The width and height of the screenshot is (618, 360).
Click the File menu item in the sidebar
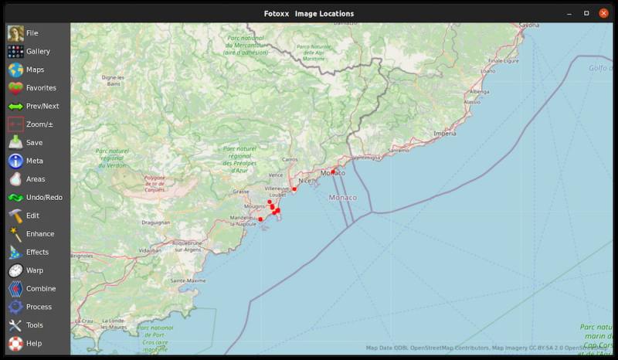click(31, 33)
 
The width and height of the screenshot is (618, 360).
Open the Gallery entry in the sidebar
click(37, 52)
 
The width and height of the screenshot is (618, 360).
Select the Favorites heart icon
click(15, 88)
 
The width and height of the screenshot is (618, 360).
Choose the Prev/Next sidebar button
click(42, 107)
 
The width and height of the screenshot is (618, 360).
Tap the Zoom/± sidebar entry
click(39, 124)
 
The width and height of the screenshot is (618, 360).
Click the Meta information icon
click(15, 161)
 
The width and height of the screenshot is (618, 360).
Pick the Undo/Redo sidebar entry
click(43, 198)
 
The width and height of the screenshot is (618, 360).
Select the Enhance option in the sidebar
click(39, 234)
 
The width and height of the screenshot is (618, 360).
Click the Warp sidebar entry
click(34, 270)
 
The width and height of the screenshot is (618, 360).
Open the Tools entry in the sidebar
click(34, 325)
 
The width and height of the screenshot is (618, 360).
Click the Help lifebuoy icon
click(15, 343)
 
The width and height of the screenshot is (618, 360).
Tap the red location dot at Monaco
click(333, 172)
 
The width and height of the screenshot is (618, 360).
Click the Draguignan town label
click(155, 222)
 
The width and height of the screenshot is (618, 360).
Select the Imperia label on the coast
click(445, 134)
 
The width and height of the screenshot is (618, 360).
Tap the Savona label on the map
click(529, 25)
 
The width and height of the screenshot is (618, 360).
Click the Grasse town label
click(241, 192)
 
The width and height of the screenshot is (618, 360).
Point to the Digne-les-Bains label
click(113, 80)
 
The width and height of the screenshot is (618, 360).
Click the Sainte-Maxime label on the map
click(188, 280)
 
